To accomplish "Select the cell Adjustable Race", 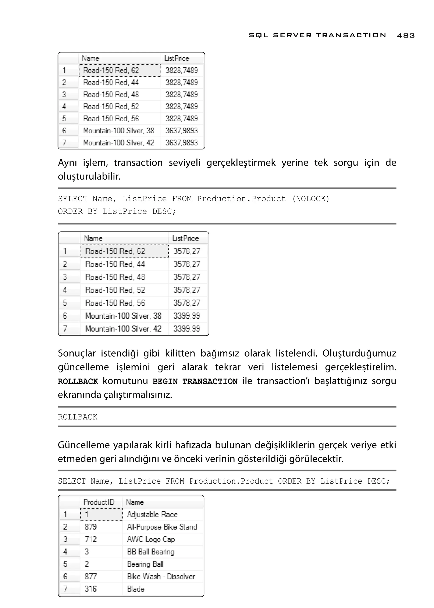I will [152, 515].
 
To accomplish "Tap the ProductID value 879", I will [91, 527].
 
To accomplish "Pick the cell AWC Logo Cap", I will [151, 539].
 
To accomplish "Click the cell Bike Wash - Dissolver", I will [161, 576].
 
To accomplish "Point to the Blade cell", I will [136, 588].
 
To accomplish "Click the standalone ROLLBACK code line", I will [78, 417].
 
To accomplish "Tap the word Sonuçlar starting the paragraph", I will [77, 353].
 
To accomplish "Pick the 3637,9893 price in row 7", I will [182, 142].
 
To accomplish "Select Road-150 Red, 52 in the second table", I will [115, 290].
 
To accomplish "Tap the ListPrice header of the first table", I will [177, 58].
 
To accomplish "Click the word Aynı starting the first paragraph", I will [67, 163].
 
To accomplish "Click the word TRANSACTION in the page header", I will [351, 35].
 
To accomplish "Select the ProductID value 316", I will [91, 588].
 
